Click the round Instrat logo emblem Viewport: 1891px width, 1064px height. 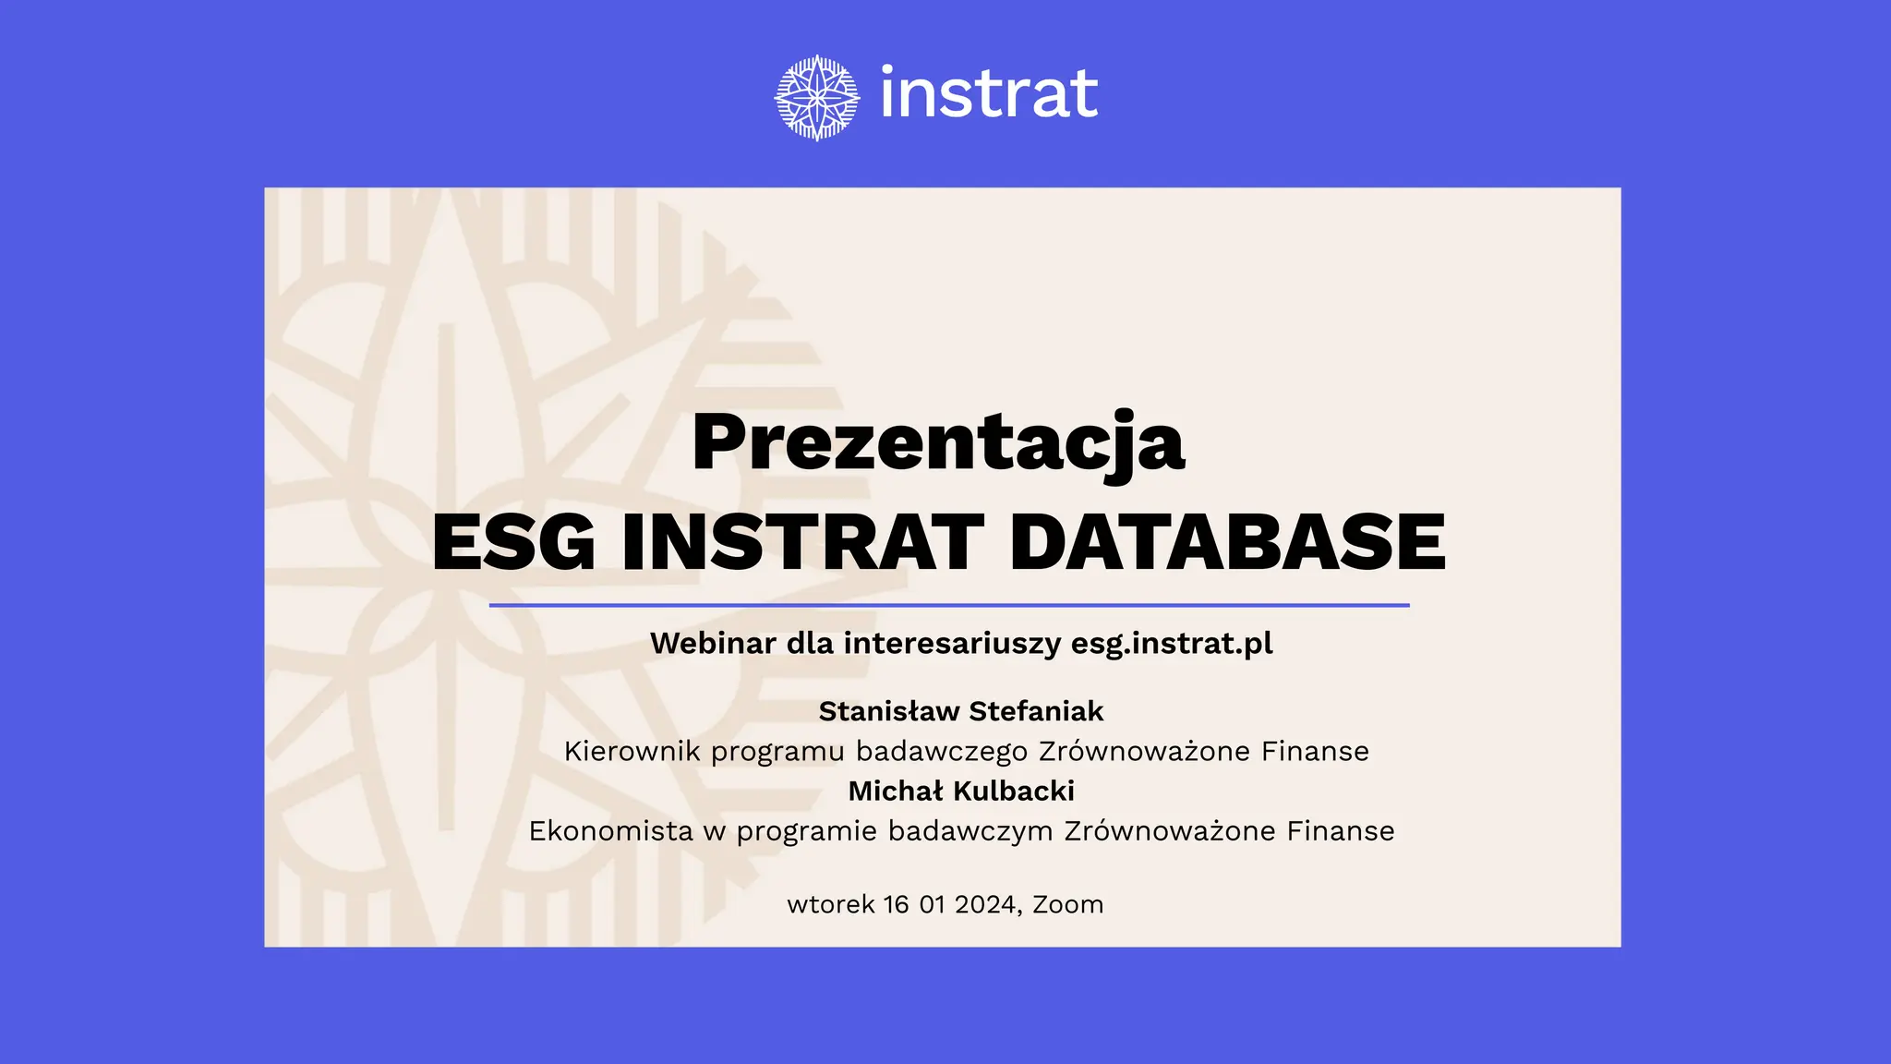(817, 97)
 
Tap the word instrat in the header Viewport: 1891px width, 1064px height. (989, 93)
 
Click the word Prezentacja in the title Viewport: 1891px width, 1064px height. (937, 442)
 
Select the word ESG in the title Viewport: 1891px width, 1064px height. (513, 542)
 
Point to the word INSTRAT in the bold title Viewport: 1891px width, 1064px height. (802, 542)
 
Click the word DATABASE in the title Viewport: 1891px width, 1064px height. (1227, 542)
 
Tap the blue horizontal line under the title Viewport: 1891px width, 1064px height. (949, 606)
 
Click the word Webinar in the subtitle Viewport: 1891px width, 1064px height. (713, 643)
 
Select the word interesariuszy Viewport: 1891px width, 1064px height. (952, 643)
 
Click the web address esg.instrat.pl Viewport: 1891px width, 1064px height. (1172, 643)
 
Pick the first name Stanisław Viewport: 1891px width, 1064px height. (888, 711)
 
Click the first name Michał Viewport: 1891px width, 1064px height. (896, 791)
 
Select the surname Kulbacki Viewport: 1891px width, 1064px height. (1014, 791)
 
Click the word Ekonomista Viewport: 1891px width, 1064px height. (610, 831)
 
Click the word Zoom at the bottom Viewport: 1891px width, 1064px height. (1067, 904)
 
